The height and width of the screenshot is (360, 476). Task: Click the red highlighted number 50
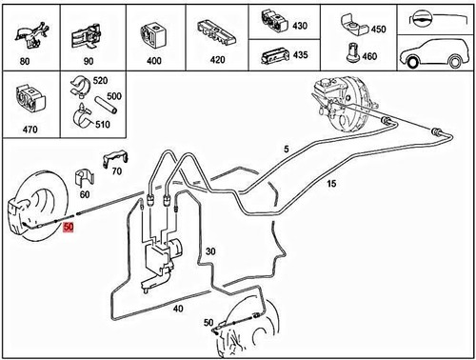pos(68,230)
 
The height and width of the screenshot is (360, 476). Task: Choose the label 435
pos(300,55)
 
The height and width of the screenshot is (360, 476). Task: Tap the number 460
pos(369,56)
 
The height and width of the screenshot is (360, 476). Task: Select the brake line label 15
pos(331,183)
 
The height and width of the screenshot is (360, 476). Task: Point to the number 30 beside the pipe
pos(210,250)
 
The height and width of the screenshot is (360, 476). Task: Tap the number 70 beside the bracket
pos(116,171)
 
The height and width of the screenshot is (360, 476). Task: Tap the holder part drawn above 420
pos(217,29)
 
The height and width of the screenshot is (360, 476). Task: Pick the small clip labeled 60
pos(83,178)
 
